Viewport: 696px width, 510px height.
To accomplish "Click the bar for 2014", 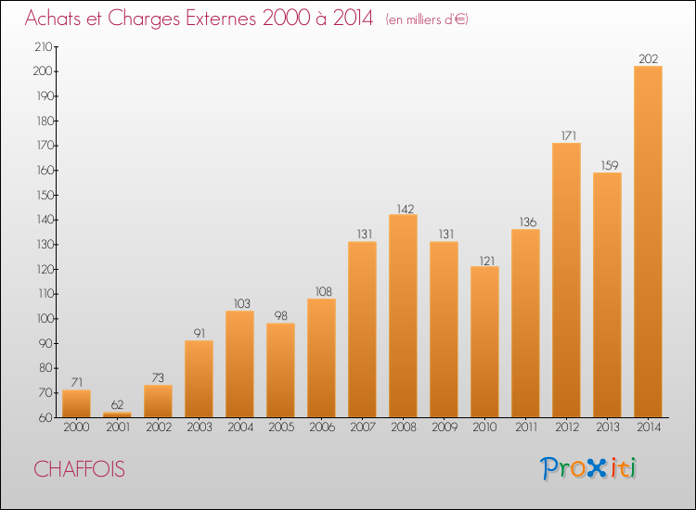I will coord(648,241).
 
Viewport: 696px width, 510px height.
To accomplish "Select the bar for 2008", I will coord(403,315).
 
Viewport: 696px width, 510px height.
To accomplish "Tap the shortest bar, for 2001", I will coord(117,414).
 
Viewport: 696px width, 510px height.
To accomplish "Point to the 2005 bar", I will coord(280,370).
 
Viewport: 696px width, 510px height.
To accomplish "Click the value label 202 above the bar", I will coord(648,59).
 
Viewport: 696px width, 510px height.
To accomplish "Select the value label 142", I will coord(403,208).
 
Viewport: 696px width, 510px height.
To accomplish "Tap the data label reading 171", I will coord(566,136).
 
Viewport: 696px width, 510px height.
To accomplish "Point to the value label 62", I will coord(117,405).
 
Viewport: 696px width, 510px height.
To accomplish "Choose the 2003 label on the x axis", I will coord(199,428).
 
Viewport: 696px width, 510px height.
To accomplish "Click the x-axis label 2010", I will coord(484,428).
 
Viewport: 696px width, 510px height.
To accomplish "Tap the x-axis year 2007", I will coord(362,428).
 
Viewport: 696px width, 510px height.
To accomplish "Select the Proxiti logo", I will coord(589,468).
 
